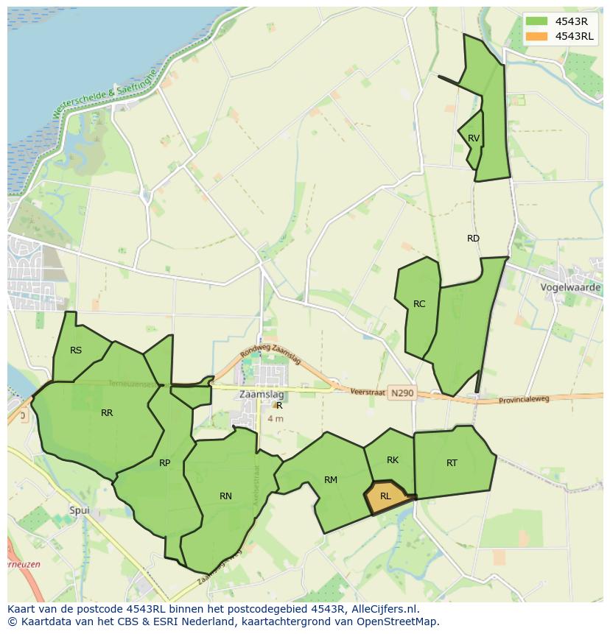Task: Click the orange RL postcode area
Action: [387, 496]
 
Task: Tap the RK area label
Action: [393, 460]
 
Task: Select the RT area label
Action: [452, 463]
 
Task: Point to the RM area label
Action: [331, 480]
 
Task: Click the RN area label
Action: [225, 496]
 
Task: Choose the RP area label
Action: [164, 463]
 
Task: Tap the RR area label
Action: [107, 413]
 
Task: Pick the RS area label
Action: [76, 351]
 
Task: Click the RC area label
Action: [419, 304]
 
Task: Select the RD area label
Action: [473, 239]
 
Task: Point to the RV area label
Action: [474, 138]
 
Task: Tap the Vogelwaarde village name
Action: [570, 287]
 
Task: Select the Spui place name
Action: [79, 510]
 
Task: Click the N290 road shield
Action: [402, 394]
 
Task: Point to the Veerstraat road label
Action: [368, 393]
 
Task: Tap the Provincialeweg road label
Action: [524, 398]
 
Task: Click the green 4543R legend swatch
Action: [536, 21]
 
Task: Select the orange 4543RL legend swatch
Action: [536, 36]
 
